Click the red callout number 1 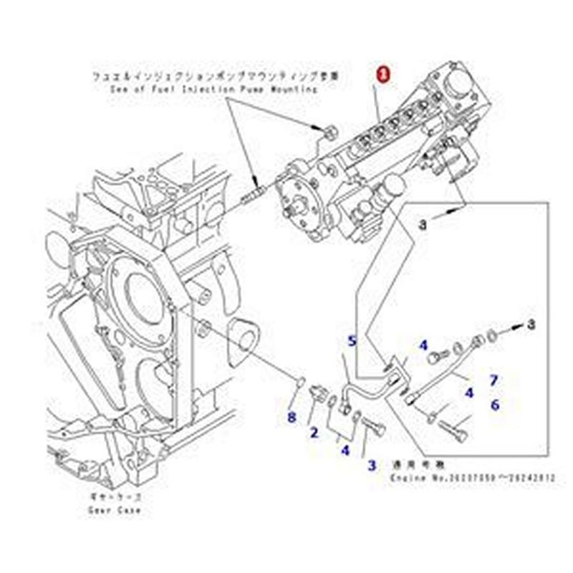(385, 74)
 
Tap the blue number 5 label (352, 341)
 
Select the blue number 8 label (291, 418)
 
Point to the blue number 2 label (314, 432)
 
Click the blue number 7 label (493, 380)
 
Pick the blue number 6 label (494, 405)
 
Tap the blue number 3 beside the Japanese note (372, 466)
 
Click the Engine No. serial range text (473, 478)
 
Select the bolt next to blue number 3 (374, 431)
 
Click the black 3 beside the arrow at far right (531, 325)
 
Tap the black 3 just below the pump (423, 225)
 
